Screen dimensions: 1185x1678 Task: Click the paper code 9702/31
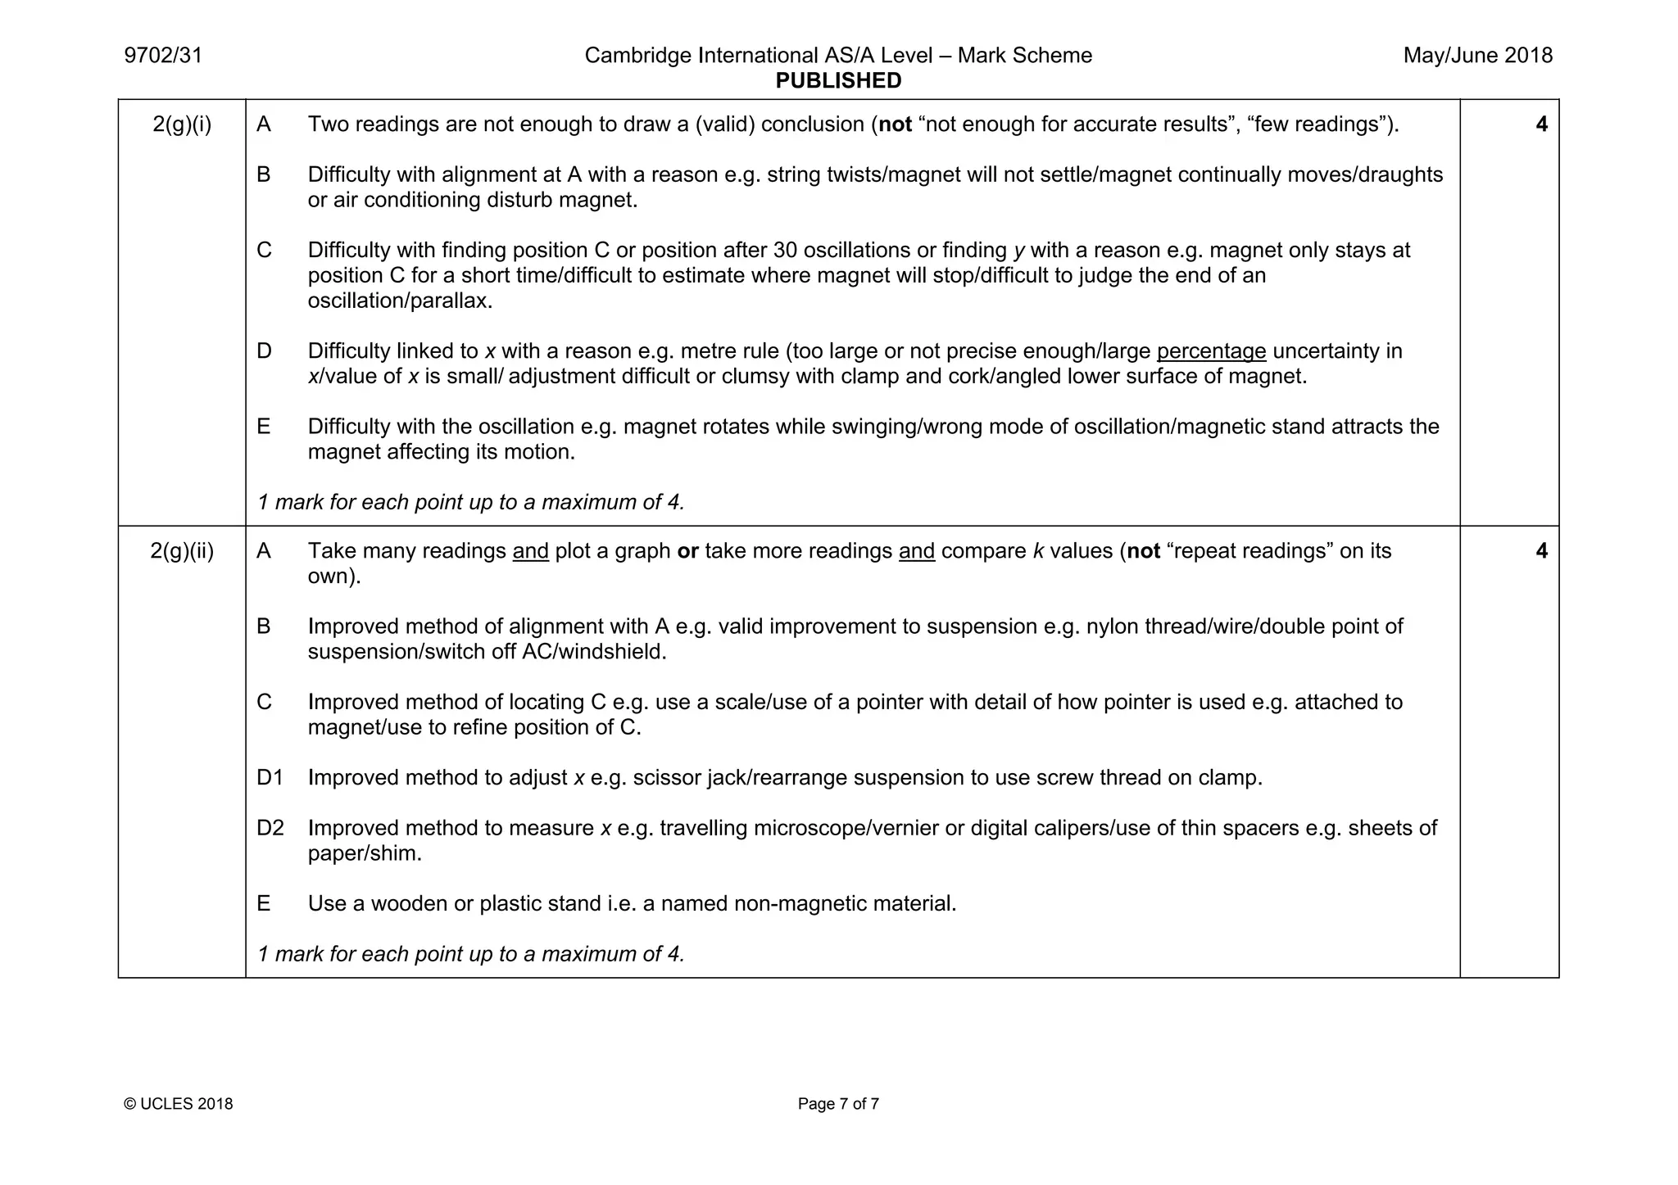[x=163, y=56]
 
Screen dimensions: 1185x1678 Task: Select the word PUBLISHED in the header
[x=838, y=81]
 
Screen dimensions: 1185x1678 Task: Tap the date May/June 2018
[x=1477, y=56]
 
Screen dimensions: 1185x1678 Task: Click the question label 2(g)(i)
[x=182, y=124]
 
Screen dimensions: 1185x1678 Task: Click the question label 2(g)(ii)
[x=182, y=551]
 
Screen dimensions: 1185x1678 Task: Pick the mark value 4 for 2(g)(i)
[x=1541, y=124]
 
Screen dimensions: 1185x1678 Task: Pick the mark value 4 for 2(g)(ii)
[x=1541, y=551]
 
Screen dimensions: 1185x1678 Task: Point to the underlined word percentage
[x=1211, y=351]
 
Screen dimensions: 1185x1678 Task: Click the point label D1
[x=270, y=778]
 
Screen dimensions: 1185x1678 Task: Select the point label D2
[x=270, y=828]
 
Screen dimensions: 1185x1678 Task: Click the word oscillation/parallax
[x=400, y=301]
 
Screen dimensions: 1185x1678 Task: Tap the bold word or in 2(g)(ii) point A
[x=687, y=551]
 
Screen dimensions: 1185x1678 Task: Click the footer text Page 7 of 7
[x=838, y=1104]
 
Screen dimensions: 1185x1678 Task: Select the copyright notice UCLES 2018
[x=179, y=1104]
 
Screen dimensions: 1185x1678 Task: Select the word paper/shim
[x=365, y=854]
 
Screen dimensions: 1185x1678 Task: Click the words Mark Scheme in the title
[x=1024, y=56]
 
